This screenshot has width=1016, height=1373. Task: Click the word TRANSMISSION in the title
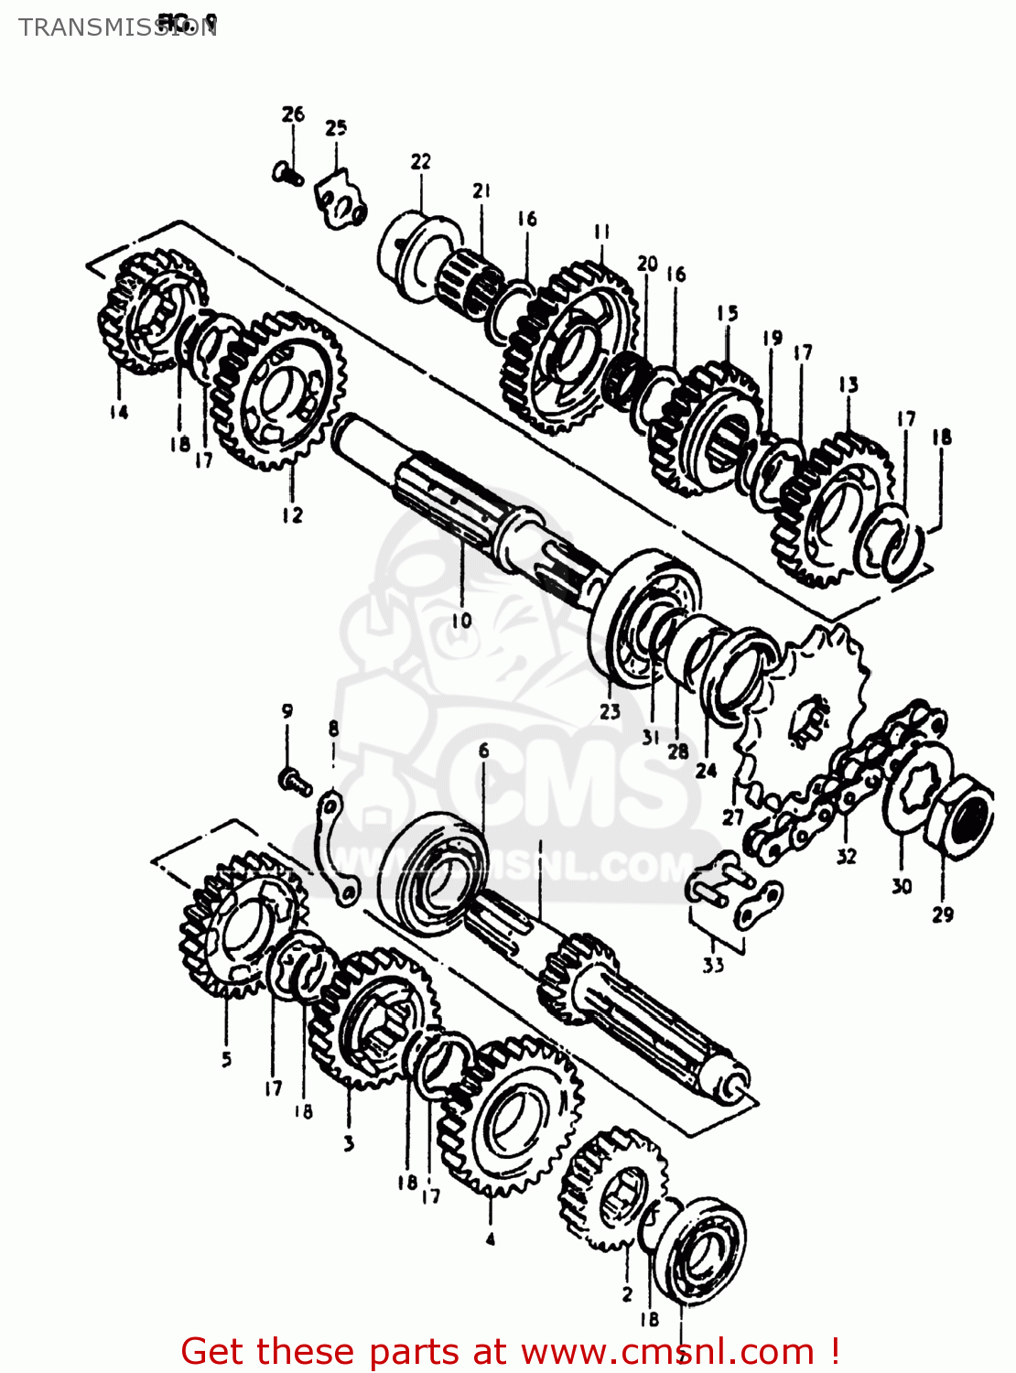(117, 27)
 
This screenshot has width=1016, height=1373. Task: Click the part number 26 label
(293, 114)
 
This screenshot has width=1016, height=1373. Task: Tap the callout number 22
(420, 162)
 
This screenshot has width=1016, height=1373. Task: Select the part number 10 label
(461, 621)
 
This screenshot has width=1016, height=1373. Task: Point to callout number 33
(713, 964)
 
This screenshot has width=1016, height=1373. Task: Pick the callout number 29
(942, 914)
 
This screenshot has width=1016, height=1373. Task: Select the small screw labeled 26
(288, 172)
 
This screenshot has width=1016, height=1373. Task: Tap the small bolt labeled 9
(294, 781)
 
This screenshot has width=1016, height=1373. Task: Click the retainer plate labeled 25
(340, 202)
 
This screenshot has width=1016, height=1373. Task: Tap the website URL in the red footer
(667, 1351)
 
